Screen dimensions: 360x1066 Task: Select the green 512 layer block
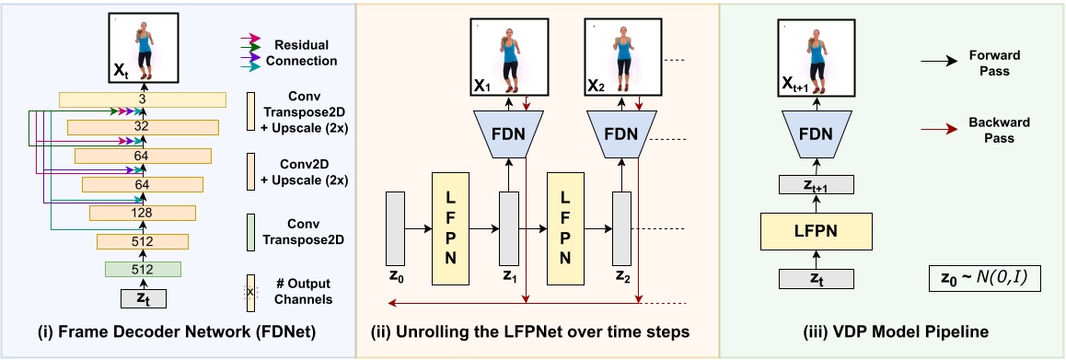pos(143,269)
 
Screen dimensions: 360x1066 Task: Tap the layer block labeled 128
pos(143,214)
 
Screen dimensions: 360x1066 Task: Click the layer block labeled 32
pos(143,128)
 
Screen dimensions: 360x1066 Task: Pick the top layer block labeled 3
pos(143,99)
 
